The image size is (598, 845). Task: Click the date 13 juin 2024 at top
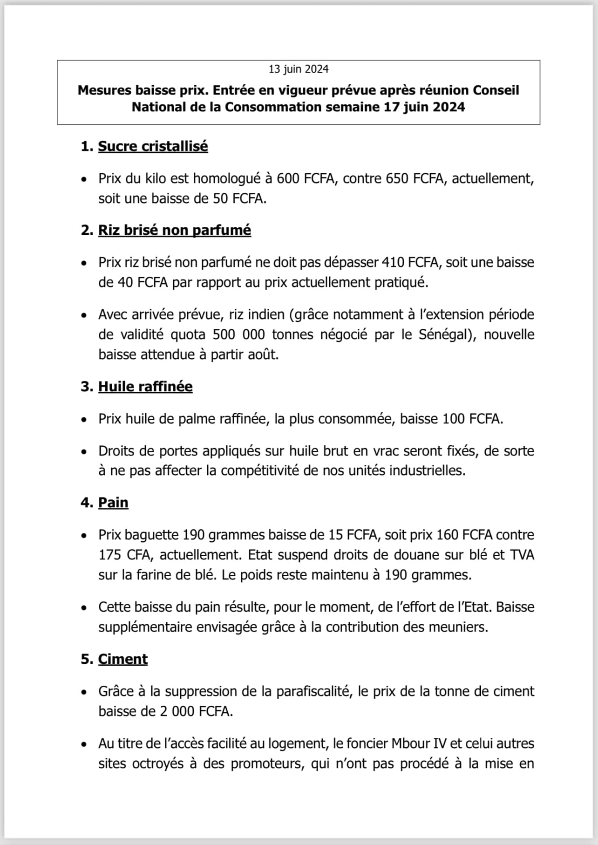click(299, 69)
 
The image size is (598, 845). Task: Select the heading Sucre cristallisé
click(153, 146)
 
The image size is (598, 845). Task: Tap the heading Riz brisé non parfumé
click(174, 230)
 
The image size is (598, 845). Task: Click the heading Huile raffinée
click(145, 387)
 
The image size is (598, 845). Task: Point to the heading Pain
click(113, 503)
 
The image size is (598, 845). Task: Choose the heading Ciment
click(123, 659)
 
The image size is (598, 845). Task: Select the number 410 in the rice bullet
click(393, 262)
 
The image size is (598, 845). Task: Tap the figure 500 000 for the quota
click(238, 334)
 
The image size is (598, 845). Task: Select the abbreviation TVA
click(522, 555)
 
